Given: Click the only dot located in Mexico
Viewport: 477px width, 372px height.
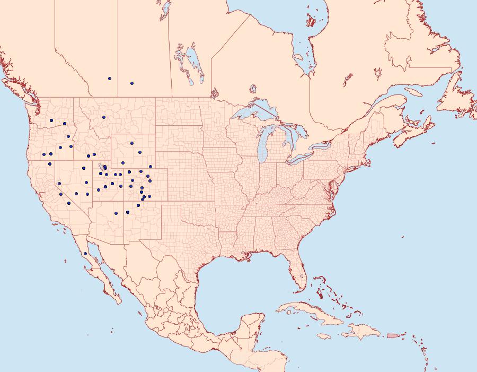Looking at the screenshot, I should (x=85, y=254).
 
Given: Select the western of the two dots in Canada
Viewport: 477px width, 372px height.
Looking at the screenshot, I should (x=110, y=79).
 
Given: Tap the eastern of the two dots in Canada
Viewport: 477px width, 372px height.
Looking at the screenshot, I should (x=131, y=83).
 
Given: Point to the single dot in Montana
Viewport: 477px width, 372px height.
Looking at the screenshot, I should (x=104, y=117).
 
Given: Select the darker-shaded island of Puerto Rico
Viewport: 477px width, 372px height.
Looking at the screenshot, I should (x=393, y=335).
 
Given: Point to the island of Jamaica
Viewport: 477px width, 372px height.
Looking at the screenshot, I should (x=324, y=336).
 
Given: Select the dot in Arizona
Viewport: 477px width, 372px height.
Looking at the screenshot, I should (x=116, y=213).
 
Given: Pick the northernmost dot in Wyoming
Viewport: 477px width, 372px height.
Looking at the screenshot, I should (x=131, y=143).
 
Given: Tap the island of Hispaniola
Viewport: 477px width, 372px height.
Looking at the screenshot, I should (x=363, y=332).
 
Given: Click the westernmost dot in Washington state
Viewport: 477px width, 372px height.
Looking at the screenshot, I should (x=51, y=120).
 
